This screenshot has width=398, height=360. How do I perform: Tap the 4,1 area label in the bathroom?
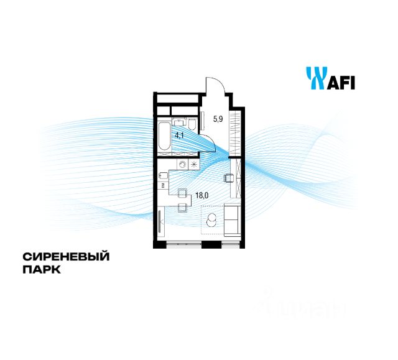pyautogui.click(x=179, y=134)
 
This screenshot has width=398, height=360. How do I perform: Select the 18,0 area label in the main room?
pyautogui.click(x=201, y=195)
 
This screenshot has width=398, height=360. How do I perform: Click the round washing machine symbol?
pyautogui.click(x=183, y=165)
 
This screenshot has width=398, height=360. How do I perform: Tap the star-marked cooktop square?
pyautogui.click(x=195, y=165)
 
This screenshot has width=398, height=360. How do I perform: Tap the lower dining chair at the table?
pyautogui.click(x=182, y=206)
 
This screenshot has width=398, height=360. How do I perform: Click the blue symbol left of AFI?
pyautogui.click(x=315, y=78)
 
